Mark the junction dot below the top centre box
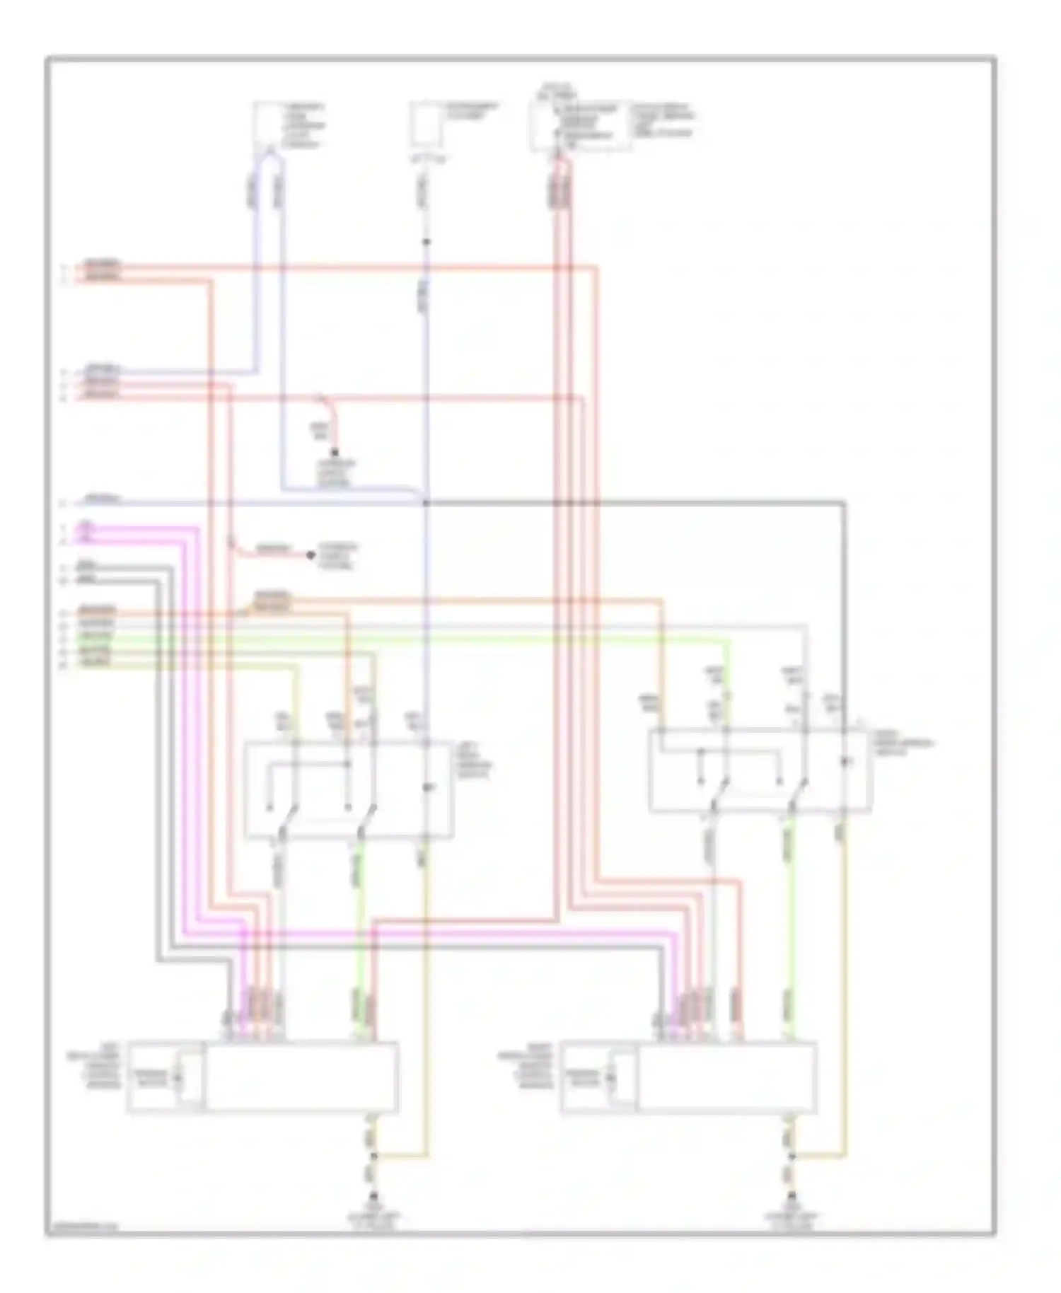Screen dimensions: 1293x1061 tap(426, 243)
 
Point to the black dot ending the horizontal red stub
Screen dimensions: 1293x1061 tap(311, 555)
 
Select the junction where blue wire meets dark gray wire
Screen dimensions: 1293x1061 tap(426, 503)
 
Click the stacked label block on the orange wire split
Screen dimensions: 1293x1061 tap(272, 602)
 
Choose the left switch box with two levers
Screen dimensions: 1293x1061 tap(348, 790)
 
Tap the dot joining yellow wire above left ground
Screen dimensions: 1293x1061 tap(373, 1156)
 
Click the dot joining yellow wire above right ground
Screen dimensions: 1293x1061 tap(792, 1156)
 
